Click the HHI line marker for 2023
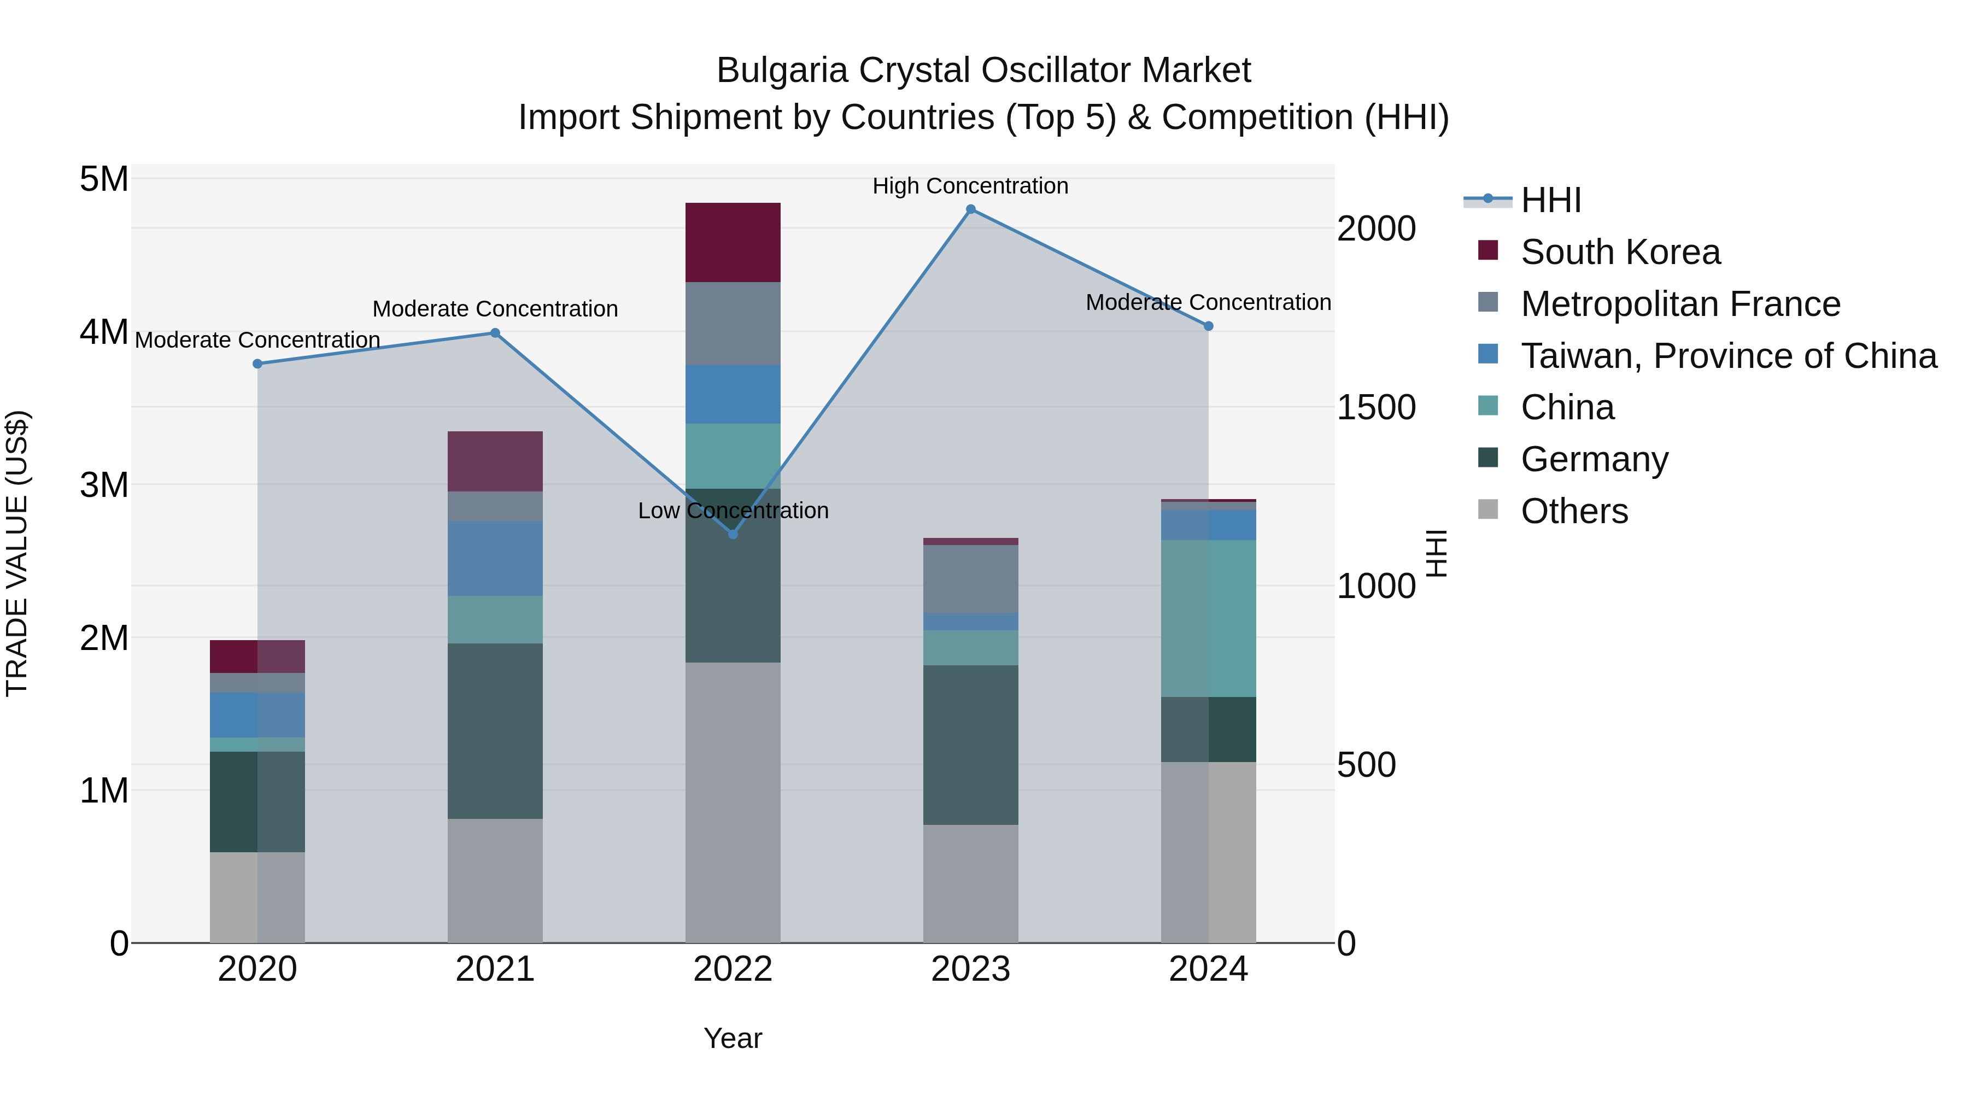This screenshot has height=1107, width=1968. pos(970,209)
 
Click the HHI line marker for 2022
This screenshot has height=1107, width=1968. pos(733,534)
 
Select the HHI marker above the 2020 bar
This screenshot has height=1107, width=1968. pos(257,364)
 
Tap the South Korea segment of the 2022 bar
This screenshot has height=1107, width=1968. pos(733,242)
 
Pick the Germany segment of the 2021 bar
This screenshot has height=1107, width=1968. pos(495,730)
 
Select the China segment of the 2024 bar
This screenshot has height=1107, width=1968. pos(1208,618)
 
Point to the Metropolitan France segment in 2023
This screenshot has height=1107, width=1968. pos(970,578)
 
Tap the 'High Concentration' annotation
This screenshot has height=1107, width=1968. pos(970,186)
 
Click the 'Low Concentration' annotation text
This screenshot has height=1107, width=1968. pos(733,511)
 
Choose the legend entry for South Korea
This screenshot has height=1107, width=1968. pos(1620,252)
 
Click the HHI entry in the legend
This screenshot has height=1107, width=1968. pos(1550,200)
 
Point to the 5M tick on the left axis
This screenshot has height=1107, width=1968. pos(104,179)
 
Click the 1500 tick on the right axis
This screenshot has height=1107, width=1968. pos(1376,407)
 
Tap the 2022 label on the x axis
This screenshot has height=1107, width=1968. pos(733,969)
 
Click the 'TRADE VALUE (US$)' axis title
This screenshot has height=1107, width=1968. pos(17,553)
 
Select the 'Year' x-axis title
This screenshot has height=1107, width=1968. pos(733,1038)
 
